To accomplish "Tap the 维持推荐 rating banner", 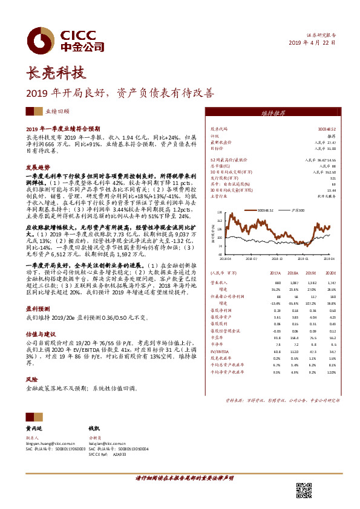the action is [273, 113].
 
